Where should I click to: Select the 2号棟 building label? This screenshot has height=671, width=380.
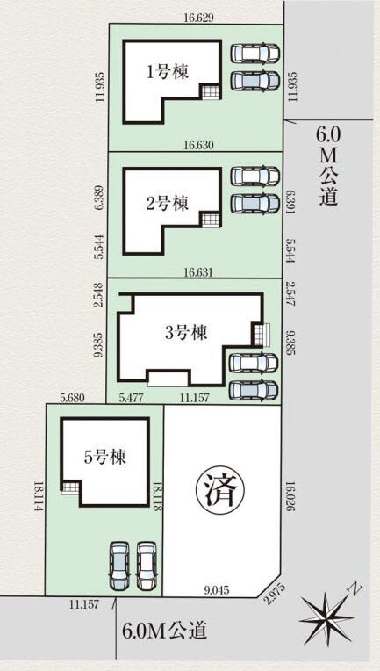[x=167, y=204]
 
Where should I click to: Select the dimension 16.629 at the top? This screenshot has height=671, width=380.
[x=196, y=17]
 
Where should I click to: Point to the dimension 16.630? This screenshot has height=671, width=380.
[x=196, y=144]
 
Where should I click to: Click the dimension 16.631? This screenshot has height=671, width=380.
[x=196, y=272]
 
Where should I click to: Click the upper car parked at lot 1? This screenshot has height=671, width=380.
[x=254, y=54]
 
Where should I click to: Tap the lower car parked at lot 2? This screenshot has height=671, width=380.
[x=254, y=203]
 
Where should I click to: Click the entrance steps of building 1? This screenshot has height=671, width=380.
[x=210, y=91]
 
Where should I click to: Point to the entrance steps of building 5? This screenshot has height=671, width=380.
[x=69, y=488]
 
